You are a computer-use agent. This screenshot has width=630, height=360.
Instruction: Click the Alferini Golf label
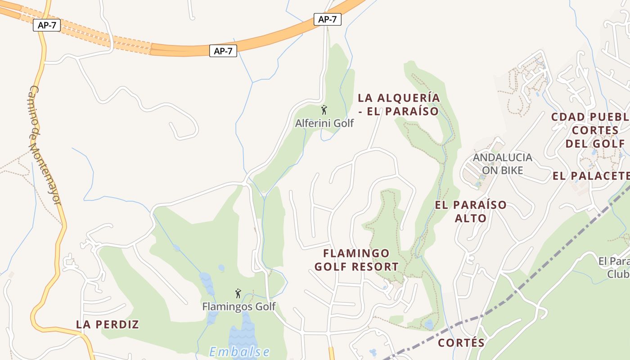[324, 123]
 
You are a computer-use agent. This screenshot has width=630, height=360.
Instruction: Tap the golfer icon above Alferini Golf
[324, 110]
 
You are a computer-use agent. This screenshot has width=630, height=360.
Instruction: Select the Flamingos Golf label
[238, 307]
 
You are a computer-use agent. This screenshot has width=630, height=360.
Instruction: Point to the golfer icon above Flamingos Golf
[238, 294]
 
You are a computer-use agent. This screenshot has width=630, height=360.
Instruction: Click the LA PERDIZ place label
[108, 324]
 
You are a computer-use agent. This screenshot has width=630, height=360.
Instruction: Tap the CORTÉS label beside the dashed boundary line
[461, 343]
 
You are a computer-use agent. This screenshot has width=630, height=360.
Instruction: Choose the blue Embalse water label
[239, 351]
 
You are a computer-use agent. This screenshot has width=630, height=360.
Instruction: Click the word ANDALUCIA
[502, 157]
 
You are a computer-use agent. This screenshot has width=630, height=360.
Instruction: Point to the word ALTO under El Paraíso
[470, 218]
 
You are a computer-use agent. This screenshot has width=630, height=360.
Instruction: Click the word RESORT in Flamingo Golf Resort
[375, 267]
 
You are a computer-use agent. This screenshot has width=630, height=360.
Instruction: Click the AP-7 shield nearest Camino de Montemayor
[47, 25]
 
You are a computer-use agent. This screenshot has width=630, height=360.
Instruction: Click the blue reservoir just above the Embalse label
[243, 333]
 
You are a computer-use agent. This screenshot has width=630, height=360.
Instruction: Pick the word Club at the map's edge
[618, 274]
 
